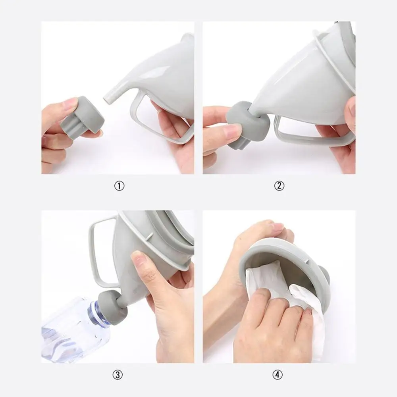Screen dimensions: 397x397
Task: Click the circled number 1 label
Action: [119, 186]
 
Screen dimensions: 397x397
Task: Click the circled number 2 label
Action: [279, 185]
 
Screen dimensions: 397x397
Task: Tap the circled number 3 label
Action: [118, 375]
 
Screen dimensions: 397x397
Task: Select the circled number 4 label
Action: [277, 374]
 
